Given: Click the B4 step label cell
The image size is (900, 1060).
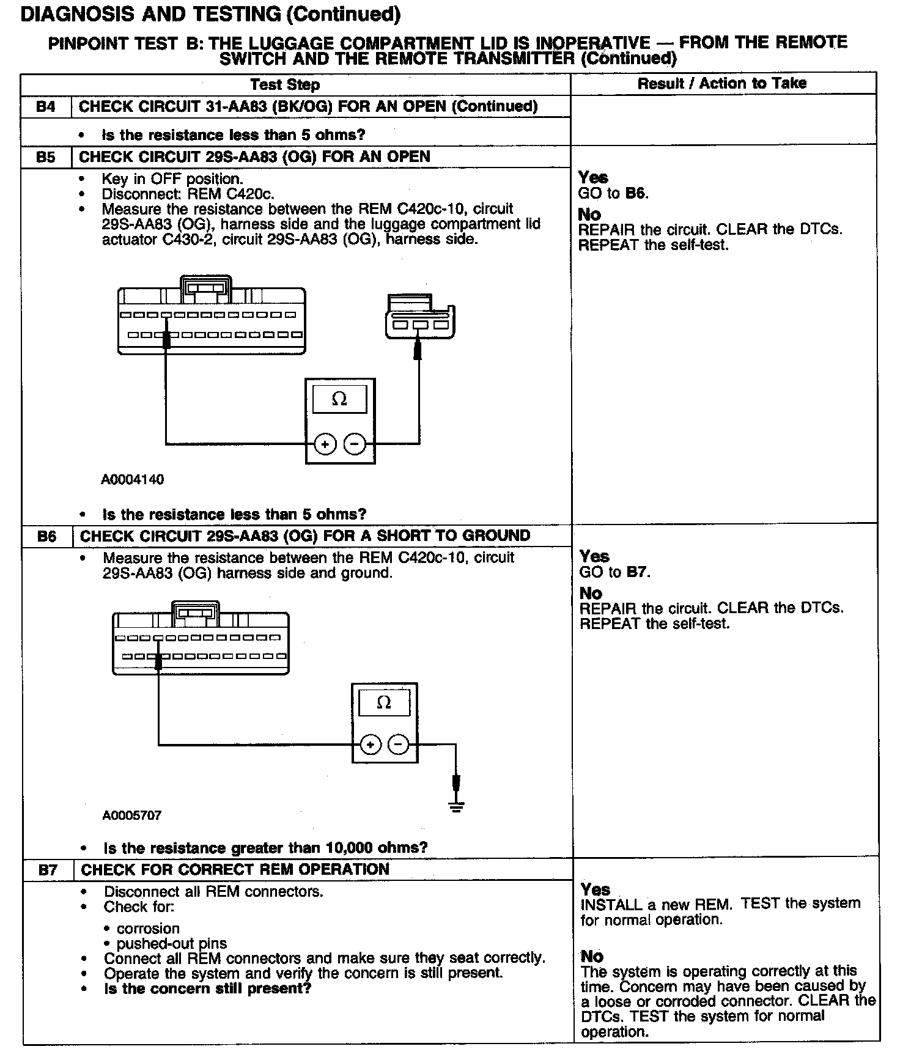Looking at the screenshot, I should coord(46,107).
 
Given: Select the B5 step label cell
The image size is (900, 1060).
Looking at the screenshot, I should coord(46,157).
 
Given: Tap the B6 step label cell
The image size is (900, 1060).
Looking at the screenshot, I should coord(47,536).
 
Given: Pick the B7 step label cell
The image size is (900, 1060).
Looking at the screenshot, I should coord(48,870).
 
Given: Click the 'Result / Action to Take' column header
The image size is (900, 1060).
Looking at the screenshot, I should coord(722,84).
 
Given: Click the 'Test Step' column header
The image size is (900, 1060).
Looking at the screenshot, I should coord(285,85).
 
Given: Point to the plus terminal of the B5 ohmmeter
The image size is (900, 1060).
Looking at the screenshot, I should coord(325,444).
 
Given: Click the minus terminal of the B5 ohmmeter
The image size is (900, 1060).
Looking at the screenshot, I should coord(355,444).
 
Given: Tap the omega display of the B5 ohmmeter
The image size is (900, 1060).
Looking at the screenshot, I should coord(339,399).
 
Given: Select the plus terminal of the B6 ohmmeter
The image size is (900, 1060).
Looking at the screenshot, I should coord(370,745).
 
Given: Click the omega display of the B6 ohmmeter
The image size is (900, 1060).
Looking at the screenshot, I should coord(384,702).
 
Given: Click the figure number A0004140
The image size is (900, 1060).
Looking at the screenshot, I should coord(133,480).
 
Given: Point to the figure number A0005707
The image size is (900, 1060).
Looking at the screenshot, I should coord(132,815).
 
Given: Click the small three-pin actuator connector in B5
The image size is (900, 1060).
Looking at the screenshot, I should coord(421,318).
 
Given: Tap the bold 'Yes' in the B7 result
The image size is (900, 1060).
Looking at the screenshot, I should coord(596,889).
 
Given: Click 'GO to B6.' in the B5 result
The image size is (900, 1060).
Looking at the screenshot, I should coord(613,194).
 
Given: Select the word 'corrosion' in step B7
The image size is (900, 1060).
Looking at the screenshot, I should coord(148,929).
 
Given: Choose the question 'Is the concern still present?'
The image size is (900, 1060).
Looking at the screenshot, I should coord(208,989).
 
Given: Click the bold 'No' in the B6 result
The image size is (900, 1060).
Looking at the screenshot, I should coord(591,594).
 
